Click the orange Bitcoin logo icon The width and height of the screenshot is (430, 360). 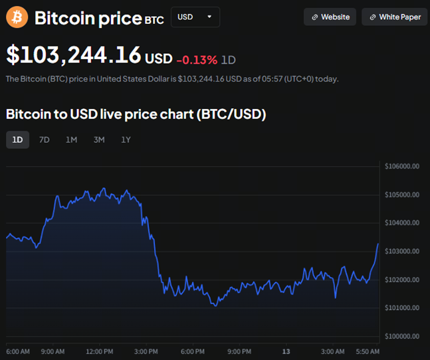tap(17, 17)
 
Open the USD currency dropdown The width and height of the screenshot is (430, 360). tap(195, 17)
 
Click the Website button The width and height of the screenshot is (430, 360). tap(330, 17)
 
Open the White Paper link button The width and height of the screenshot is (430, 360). tap(395, 17)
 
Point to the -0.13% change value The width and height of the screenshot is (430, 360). tap(197, 60)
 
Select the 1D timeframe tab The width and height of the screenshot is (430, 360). tap(17, 139)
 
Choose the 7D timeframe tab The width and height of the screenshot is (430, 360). tap(44, 139)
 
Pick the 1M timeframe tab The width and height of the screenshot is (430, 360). tap(71, 139)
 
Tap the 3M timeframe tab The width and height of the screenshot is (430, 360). tap(98, 139)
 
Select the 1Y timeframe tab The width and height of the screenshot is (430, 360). tap(126, 139)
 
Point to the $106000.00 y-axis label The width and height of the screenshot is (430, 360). tap(402, 167)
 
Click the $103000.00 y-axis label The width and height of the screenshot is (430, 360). tap(402, 252)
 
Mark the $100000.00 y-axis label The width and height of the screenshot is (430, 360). tap(402, 337)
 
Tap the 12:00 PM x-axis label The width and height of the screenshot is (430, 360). tap(99, 351)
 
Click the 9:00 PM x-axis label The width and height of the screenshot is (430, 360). tap(239, 351)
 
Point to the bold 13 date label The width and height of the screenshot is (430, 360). tap(286, 351)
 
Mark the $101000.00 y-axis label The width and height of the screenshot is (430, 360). tap(402, 308)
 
